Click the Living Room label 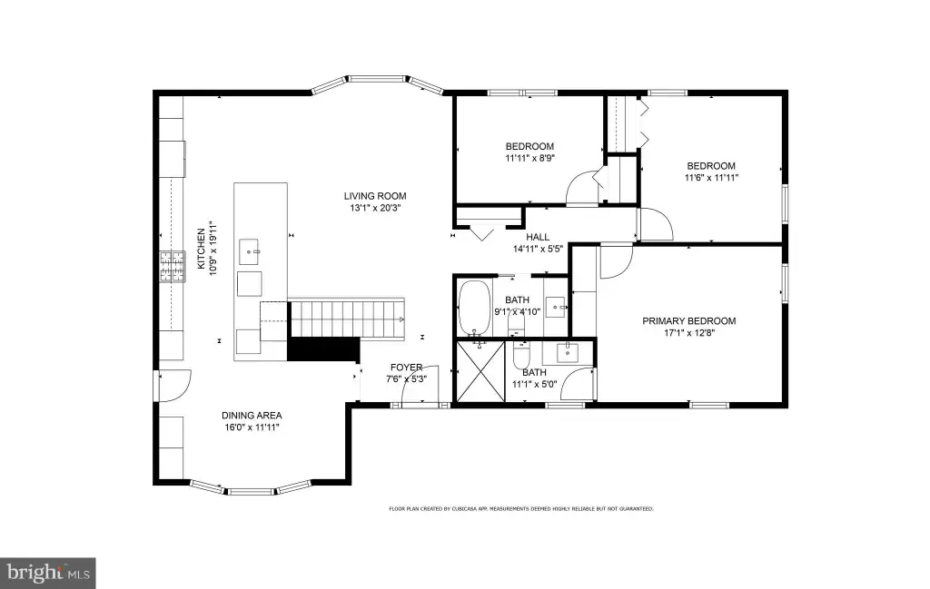(375, 196)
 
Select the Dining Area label (252, 416)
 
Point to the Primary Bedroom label (689, 321)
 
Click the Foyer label (406, 368)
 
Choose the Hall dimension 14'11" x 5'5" (538, 249)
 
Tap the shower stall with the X (480, 371)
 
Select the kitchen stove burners (172, 266)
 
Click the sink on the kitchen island (249, 251)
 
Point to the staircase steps (347, 319)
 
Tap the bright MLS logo (47, 573)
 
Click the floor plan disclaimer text (520, 508)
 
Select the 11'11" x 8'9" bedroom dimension (529, 158)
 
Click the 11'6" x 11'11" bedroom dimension (711, 177)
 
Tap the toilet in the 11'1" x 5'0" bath (520, 354)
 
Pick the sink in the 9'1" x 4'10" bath (556, 307)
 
